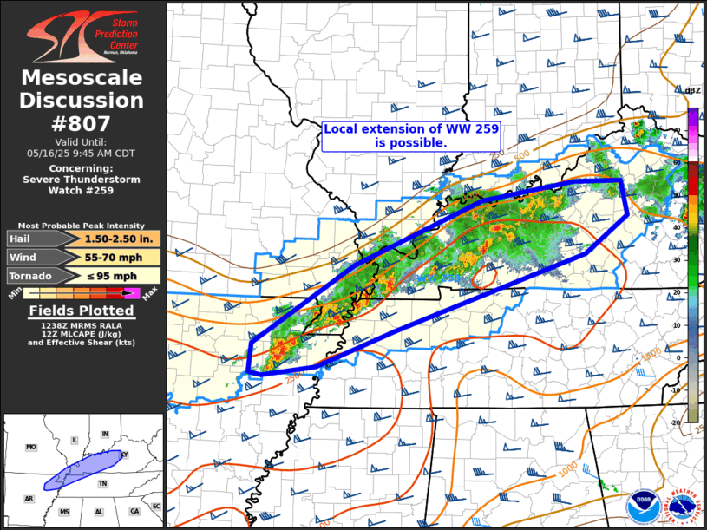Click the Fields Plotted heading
[x=82, y=311]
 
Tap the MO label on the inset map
[x=31, y=448]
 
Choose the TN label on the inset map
[x=102, y=483]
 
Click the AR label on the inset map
[x=29, y=499]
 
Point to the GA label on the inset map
[x=134, y=512]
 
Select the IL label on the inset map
[x=75, y=441]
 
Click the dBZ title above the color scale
[x=692, y=91]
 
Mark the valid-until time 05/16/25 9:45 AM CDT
[x=82, y=152]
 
